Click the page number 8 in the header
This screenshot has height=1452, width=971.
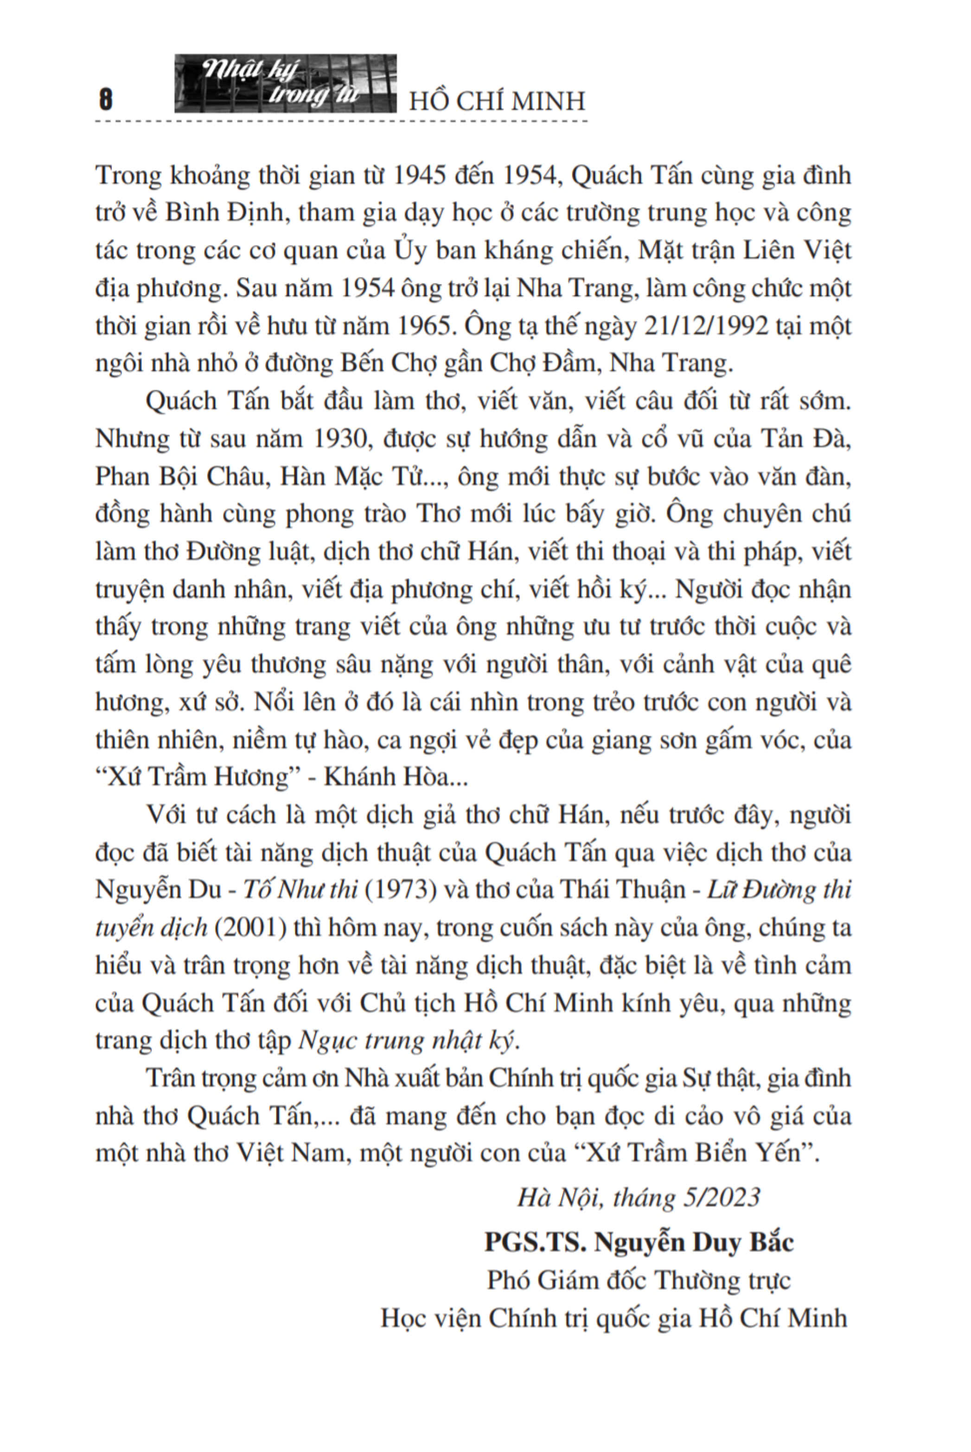[106, 99]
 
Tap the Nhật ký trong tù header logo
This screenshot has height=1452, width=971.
[286, 84]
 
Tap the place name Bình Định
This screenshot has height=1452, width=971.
[224, 212]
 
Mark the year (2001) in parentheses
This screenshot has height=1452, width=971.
[251, 927]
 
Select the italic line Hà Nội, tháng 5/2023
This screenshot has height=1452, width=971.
[639, 1197]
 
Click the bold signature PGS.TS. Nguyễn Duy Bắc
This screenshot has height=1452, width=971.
[639, 1242]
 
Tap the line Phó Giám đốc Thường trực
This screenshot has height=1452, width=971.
[639, 1280]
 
